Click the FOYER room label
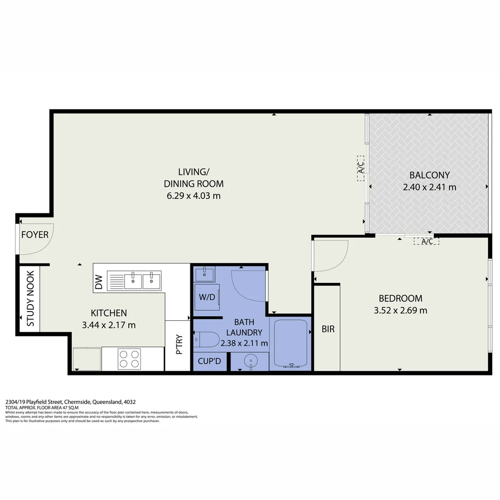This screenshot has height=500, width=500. [35, 235]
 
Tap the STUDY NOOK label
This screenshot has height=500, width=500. [31, 299]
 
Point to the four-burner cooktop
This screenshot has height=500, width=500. [129, 359]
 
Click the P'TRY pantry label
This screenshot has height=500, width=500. [179, 345]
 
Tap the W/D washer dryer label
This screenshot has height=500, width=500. [207, 297]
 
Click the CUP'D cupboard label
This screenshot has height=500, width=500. [210, 361]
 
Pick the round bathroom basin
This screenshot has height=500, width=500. [250, 361]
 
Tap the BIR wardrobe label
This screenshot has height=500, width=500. [328, 330]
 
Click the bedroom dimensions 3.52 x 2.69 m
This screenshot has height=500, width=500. [400, 310]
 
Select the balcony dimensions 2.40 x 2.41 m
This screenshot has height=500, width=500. [430, 187]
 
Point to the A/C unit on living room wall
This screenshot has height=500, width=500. [361, 168]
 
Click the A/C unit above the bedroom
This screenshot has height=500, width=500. [426, 241]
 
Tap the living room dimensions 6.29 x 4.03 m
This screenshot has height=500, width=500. [194, 195]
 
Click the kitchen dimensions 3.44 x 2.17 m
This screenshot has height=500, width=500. [109, 325]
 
